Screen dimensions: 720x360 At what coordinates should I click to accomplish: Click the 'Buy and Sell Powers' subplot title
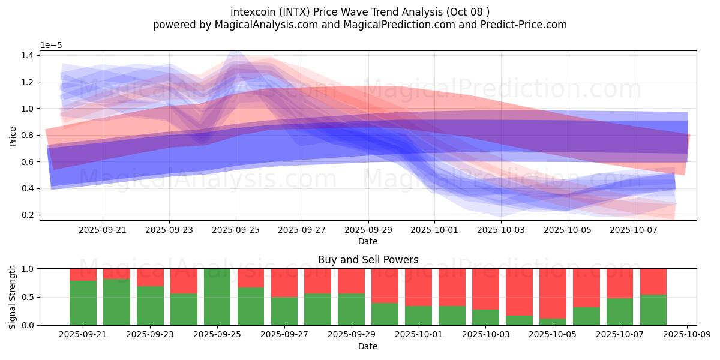[x=368, y=259]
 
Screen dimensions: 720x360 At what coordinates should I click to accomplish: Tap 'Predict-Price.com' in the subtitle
[x=524, y=25]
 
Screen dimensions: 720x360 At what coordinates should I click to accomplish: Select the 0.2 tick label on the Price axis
[x=28, y=215]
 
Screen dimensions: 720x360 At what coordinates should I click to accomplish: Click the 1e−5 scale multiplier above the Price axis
[x=51, y=46]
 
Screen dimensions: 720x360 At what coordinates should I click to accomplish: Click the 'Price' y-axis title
[x=13, y=136]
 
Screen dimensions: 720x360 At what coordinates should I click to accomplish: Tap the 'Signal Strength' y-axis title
[x=12, y=297]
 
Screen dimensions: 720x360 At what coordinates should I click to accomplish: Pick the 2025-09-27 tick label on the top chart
[x=302, y=230]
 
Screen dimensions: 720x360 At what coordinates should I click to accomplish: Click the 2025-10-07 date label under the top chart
[x=634, y=230]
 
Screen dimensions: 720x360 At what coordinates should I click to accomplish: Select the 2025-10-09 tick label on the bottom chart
[x=687, y=334]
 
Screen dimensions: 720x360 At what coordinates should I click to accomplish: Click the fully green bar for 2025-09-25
[x=217, y=297]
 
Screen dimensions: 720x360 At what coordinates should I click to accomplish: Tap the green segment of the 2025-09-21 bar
[x=83, y=303]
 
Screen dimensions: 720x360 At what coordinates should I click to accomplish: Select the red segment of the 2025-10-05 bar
[x=553, y=293]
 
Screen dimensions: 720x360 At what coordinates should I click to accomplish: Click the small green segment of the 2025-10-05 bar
[x=553, y=322]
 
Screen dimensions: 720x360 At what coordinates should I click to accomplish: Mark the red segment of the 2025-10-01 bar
[x=419, y=287]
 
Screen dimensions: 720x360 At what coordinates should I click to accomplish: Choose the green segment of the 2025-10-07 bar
[x=620, y=312]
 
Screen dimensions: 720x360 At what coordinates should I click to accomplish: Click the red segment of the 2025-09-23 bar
[x=150, y=277]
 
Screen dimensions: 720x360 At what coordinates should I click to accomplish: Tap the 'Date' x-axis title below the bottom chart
[x=368, y=346]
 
